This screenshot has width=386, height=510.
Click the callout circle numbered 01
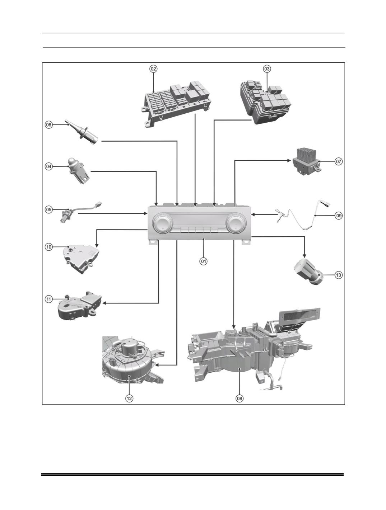[x=203, y=261]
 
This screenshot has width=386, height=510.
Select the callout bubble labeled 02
[x=153, y=69]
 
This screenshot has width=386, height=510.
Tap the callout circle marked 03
[x=267, y=69]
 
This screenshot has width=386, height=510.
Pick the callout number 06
[x=48, y=125]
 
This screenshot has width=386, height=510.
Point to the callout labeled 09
[x=339, y=216]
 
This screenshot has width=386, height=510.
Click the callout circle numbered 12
[x=129, y=398]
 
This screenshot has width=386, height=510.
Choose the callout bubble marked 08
[x=239, y=398]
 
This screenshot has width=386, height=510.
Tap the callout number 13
[x=339, y=275]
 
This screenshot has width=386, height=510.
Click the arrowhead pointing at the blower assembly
[x=157, y=365]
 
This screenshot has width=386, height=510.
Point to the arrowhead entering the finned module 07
[x=289, y=160]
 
